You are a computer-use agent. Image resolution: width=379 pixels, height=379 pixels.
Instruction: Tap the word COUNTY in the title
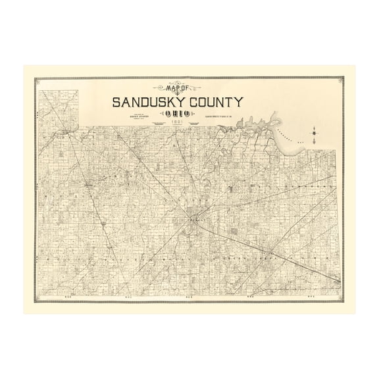[216, 102]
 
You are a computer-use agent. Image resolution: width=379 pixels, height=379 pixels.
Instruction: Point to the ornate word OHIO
[175, 114]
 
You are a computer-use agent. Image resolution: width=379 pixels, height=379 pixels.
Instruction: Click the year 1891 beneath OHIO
[175, 123]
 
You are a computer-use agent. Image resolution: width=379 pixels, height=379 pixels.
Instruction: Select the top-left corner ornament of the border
[37, 80]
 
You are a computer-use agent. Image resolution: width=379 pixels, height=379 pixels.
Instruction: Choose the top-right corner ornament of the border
[341, 80]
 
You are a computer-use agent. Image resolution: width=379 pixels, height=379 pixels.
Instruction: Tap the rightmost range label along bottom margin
[321, 297]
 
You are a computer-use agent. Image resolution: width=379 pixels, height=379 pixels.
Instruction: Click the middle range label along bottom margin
[188, 297]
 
